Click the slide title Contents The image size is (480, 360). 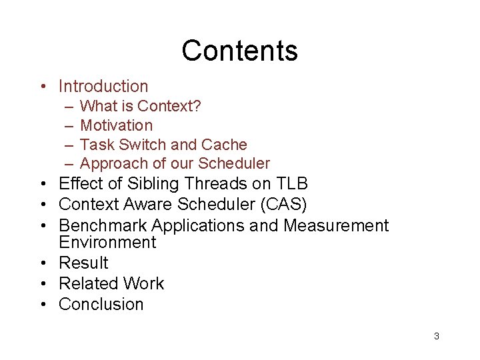(x=239, y=51)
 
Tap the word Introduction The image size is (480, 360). (x=103, y=87)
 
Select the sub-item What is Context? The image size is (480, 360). (x=141, y=106)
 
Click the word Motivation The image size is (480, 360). (x=116, y=125)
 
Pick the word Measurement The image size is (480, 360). (x=335, y=226)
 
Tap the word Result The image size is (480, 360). (x=83, y=263)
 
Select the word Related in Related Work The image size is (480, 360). (x=85, y=284)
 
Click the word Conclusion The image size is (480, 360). (x=101, y=305)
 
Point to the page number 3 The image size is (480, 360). (x=437, y=336)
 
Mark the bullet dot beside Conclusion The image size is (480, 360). (x=42, y=305)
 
